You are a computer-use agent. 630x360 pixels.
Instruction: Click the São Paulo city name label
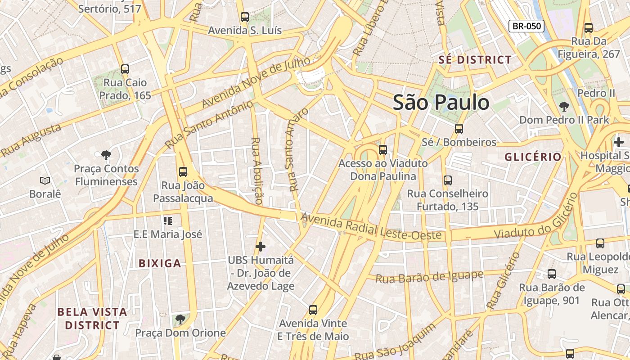point(441,103)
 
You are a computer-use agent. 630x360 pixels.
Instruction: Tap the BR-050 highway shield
point(526,26)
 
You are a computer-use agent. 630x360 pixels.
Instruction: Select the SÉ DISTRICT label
point(475,60)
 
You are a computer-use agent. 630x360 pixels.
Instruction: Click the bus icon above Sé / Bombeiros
point(459,129)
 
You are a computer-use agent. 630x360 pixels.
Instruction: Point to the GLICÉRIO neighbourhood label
point(533,157)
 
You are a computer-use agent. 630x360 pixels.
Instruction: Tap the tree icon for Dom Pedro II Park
point(564,107)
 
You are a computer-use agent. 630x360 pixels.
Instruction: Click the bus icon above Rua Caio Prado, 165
point(125,69)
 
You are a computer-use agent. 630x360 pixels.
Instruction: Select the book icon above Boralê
point(45,180)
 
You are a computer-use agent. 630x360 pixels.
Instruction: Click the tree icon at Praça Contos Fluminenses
point(106,155)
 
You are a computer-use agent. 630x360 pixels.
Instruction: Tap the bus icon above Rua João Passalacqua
point(183,171)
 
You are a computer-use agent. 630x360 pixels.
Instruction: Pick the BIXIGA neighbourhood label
point(160,264)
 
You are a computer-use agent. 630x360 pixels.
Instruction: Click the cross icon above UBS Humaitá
point(261,247)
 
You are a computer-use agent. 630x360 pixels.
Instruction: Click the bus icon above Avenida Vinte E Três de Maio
point(313,310)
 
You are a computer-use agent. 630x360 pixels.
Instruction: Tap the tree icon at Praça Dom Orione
point(180,319)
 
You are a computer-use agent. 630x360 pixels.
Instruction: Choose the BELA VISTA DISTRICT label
point(92,318)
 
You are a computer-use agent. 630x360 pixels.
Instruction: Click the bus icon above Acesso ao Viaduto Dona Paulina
point(383,150)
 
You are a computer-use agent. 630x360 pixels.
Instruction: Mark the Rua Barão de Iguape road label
point(429,276)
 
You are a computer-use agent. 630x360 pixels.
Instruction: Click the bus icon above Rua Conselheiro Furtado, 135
point(448,180)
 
